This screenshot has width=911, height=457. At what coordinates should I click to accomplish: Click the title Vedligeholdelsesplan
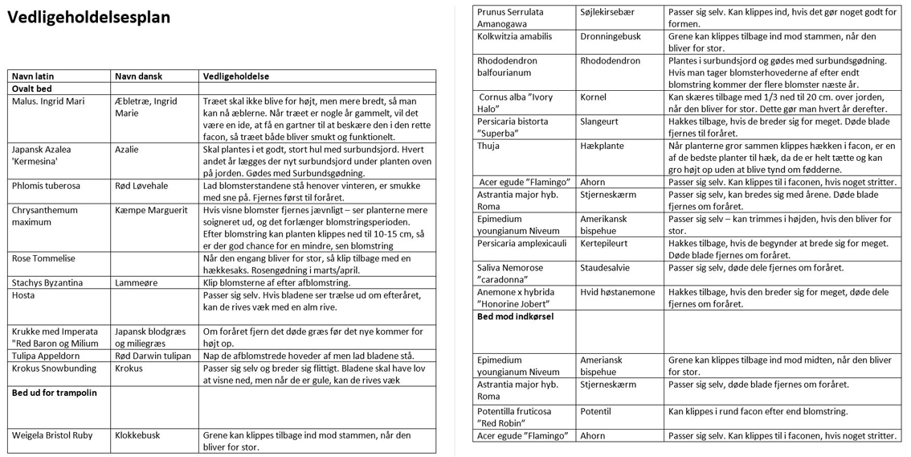pyautogui.click(x=88, y=18)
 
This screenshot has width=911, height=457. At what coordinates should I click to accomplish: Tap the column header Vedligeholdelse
pyautogui.click(x=236, y=76)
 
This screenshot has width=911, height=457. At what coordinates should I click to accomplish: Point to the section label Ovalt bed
pyautogui.click(x=33, y=89)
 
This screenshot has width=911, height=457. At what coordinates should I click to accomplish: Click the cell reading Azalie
pyautogui.click(x=127, y=150)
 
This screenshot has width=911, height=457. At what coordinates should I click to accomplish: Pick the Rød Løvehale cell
pyautogui.click(x=141, y=186)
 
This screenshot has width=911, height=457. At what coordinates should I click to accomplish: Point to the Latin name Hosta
pyautogui.click(x=23, y=295)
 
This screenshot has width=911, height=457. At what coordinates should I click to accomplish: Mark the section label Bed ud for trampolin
pyautogui.click(x=54, y=393)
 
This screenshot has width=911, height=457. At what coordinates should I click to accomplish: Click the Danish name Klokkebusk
pyautogui.click(x=137, y=435)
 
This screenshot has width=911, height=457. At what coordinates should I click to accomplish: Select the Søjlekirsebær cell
pyautogui.click(x=613, y=12)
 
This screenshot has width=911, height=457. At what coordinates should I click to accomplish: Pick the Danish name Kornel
pyautogui.click(x=594, y=97)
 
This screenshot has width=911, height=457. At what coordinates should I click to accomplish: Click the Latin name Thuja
pyautogui.click(x=488, y=146)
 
